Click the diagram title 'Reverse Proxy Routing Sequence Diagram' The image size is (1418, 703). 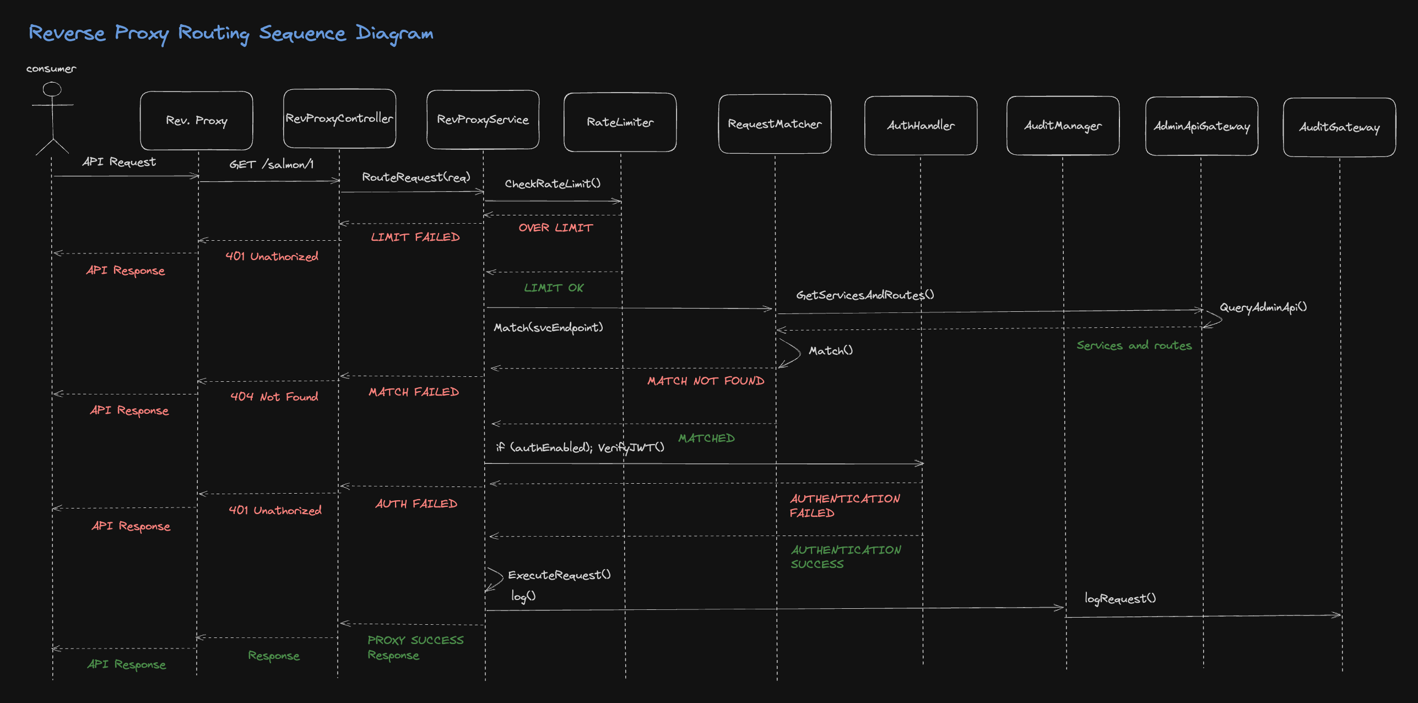pos(231,34)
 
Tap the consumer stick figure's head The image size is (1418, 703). pos(52,89)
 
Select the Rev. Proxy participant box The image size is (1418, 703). pos(197,121)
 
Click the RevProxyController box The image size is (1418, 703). pos(339,118)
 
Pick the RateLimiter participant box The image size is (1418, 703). pos(620,122)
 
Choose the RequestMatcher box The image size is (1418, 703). pos(775,124)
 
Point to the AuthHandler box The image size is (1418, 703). pos(921,126)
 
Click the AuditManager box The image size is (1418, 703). pos(1063,126)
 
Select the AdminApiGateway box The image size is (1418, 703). pos(1201,126)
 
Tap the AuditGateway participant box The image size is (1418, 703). pos(1339,127)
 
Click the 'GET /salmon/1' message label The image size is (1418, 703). pos(271,164)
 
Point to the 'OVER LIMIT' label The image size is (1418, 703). pos(555,228)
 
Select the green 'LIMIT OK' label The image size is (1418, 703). pos(554,288)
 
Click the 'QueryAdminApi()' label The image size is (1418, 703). pos(1263,307)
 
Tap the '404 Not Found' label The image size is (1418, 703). pos(274,397)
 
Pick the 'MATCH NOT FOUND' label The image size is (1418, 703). pos(706,381)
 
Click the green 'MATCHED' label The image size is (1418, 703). pos(706,438)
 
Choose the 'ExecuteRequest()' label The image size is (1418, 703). pos(559,575)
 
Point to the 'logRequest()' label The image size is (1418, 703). pos(1120,598)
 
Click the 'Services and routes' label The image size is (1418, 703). pos(1134,345)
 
